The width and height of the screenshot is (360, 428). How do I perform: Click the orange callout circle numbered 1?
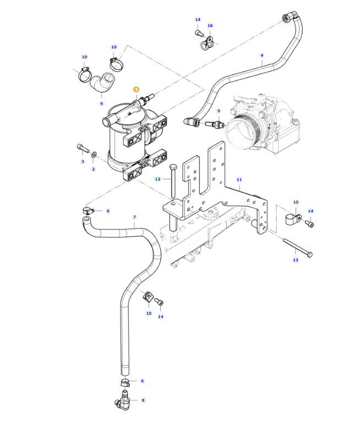[x=136, y=89]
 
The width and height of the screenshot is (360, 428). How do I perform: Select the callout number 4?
[x=262, y=56]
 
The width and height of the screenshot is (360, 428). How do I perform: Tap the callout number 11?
[x=239, y=180]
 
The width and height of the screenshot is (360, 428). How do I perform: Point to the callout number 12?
[x=158, y=179]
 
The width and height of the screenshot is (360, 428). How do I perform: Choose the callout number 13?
[x=296, y=260]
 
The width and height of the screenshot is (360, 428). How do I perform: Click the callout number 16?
[x=210, y=26]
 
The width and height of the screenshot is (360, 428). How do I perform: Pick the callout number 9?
[x=101, y=103]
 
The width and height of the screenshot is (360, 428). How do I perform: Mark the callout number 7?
[x=134, y=217]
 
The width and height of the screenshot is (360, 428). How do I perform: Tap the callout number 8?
[x=143, y=400]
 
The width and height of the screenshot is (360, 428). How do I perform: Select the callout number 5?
[x=219, y=111]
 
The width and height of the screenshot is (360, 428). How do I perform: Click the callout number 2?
[x=93, y=169]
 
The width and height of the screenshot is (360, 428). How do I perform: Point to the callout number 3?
[x=83, y=161]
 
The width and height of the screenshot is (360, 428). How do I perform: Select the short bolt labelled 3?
[x=83, y=147]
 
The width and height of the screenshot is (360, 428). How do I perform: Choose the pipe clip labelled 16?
[x=210, y=41]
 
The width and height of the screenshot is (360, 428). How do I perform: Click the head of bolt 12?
[x=173, y=167]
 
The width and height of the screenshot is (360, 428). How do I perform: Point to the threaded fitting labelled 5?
[x=214, y=124]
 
